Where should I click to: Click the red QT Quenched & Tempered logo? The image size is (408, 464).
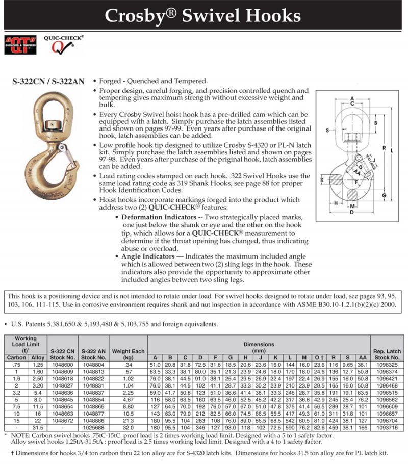[x=20, y=45]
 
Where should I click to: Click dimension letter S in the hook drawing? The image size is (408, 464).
[x=327, y=131]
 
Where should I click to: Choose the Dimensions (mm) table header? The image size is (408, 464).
[x=259, y=347]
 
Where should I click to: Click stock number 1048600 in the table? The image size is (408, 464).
[x=62, y=366]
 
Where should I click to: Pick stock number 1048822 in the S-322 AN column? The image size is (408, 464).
[x=93, y=378]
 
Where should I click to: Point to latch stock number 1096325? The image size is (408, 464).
[x=387, y=366]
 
